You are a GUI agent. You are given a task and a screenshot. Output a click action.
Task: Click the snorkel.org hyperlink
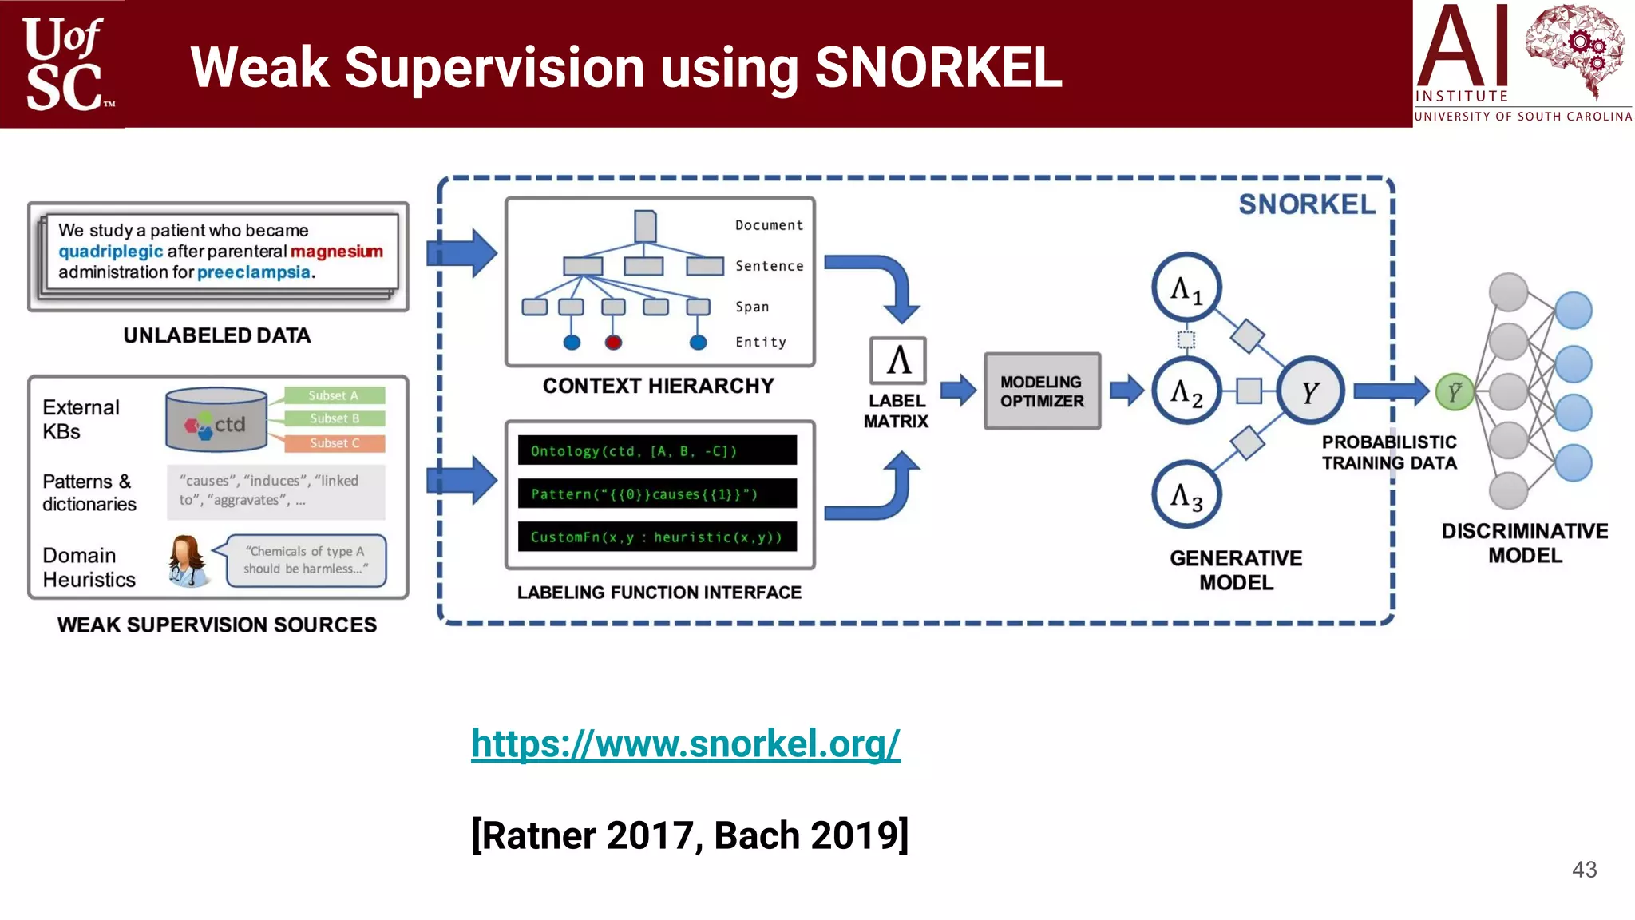tap(685, 744)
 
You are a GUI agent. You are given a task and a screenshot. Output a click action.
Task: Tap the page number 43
tap(1584, 870)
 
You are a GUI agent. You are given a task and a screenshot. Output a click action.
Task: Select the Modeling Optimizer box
tap(1042, 391)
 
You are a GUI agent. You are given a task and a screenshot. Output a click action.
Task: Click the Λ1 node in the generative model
tap(1186, 288)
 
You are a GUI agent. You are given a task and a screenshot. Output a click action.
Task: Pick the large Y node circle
tap(1310, 391)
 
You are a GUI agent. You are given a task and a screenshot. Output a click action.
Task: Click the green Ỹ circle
tap(1455, 392)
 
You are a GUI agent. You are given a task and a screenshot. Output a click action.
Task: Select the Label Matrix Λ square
tap(898, 360)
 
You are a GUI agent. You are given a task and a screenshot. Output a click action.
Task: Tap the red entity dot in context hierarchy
tap(613, 343)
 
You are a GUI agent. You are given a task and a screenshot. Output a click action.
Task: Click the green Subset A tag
tap(335, 395)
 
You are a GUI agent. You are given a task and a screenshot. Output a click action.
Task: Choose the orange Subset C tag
tap(335, 443)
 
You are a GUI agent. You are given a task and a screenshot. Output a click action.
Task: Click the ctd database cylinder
tap(216, 420)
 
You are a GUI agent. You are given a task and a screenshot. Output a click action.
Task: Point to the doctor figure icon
tap(188, 561)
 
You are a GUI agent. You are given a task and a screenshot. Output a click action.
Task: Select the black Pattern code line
tap(657, 494)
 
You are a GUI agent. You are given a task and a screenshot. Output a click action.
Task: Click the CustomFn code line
tap(657, 537)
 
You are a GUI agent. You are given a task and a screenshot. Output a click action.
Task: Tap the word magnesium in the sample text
tap(336, 252)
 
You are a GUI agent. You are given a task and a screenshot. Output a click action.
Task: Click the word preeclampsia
tap(254, 272)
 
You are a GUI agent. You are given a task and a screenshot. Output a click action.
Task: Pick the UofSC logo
tap(64, 64)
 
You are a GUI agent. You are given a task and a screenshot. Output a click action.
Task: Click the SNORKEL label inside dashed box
tap(1307, 204)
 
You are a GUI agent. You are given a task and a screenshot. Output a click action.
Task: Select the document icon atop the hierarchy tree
tap(645, 226)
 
